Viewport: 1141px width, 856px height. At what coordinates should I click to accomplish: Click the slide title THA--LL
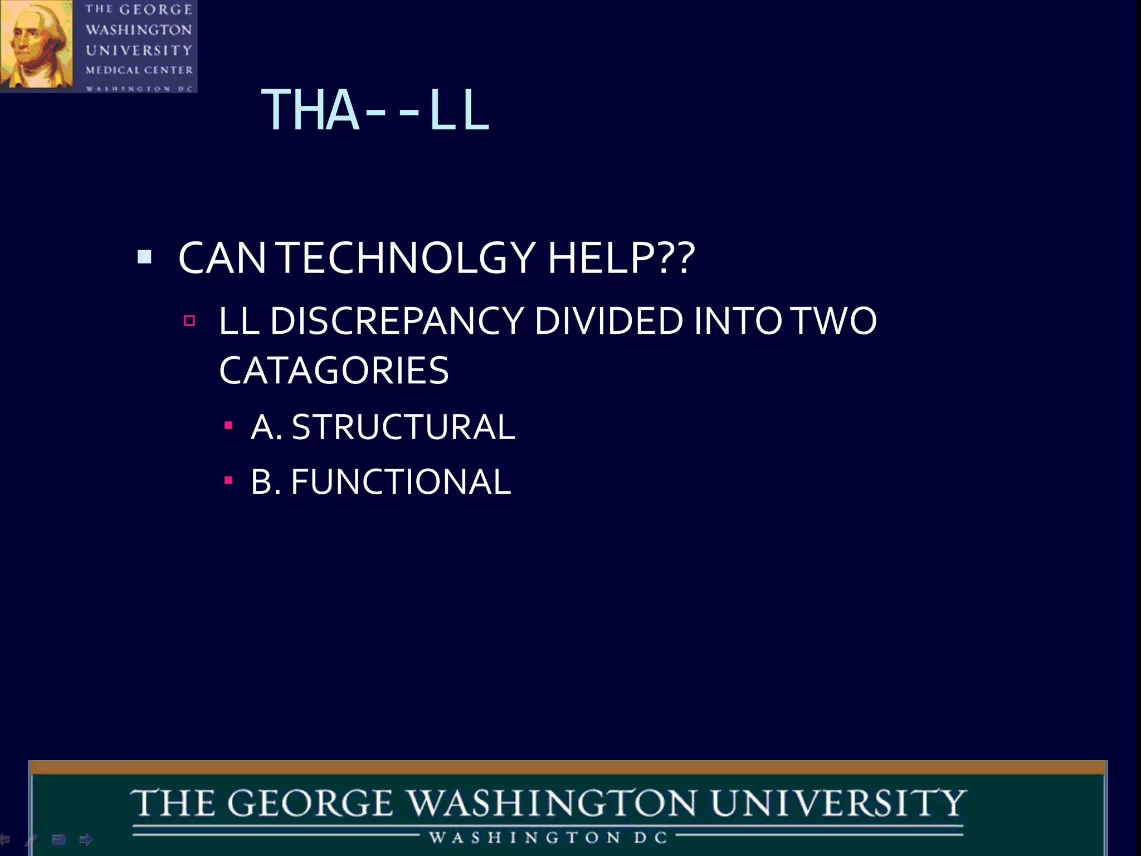375,110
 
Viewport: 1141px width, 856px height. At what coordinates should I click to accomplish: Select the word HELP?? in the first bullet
621,259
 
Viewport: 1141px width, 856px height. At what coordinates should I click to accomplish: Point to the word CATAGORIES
334,371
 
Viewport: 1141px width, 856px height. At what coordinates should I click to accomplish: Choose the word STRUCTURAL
403,427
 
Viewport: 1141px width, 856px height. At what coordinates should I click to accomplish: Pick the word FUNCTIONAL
401,482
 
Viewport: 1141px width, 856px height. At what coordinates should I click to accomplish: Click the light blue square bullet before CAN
144,257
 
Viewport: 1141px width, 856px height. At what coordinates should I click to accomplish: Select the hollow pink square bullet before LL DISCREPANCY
189,320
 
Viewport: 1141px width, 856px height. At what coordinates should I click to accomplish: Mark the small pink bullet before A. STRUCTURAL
228,426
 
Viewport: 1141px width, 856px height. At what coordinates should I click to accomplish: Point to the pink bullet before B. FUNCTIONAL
228,480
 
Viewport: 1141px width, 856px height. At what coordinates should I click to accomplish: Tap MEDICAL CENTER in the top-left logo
139,70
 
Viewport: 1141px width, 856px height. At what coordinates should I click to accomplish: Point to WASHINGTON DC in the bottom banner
548,838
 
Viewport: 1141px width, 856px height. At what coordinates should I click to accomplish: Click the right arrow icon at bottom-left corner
86,839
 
